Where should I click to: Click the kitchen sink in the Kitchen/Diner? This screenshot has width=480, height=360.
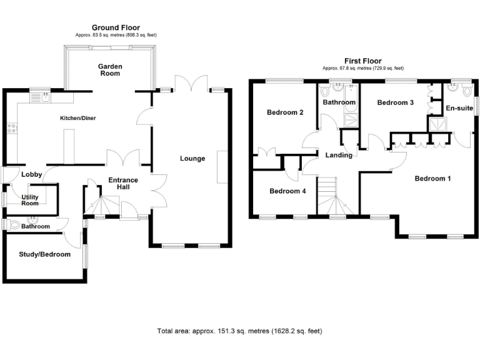(44, 96)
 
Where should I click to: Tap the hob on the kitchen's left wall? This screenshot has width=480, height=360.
(11, 129)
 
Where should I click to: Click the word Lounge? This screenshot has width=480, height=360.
(192, 158)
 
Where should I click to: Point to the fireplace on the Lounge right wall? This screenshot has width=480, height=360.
(221, 167)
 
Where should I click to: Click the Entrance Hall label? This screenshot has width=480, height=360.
(123, 184)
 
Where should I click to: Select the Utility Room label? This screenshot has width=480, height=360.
(30, 200)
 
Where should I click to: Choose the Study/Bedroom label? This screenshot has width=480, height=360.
(44, 254)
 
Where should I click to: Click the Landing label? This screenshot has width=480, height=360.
(339, 155)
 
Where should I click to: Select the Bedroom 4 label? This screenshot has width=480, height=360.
(287, 191)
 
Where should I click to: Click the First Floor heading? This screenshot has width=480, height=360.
(362, 61)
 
